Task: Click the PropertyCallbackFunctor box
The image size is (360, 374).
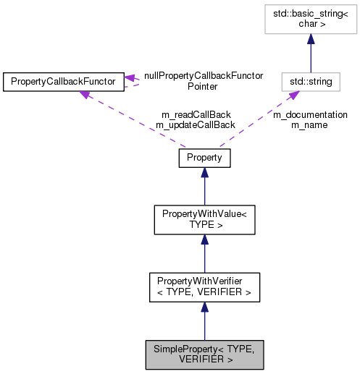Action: pyautogui.click(x=63, y=81)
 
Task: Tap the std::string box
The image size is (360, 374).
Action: pyautogui.click(x=311, y=81)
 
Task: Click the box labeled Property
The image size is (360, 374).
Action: pyautogui.click(x=204, y=157)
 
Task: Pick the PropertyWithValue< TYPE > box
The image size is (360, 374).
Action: pyautogui.click(x=204, y=219)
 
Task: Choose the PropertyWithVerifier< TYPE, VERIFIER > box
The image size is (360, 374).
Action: pyautogui.click(x=204, y=287)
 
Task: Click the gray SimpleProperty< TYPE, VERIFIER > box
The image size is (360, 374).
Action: pyautogui.click(x=204, y=354)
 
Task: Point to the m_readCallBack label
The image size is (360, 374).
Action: pyautogui.click(x=195, y=114)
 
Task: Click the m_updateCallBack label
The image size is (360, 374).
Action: pyautogui.click(x=195, y=124)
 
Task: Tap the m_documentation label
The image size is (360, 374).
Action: pyautogui.click(x=309, y=114)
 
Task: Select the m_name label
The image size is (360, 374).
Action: pyautogui.click(x=309, y=124)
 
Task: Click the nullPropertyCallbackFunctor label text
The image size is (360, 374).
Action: pyautogui.click(x=204, y=75)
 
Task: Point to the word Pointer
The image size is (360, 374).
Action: pyautogui.click(x=203, y=85)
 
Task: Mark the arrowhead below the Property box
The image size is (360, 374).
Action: pyautogui.click(x=204, y=173)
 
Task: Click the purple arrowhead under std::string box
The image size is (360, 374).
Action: pyautogui.click(x=293, y=96)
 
